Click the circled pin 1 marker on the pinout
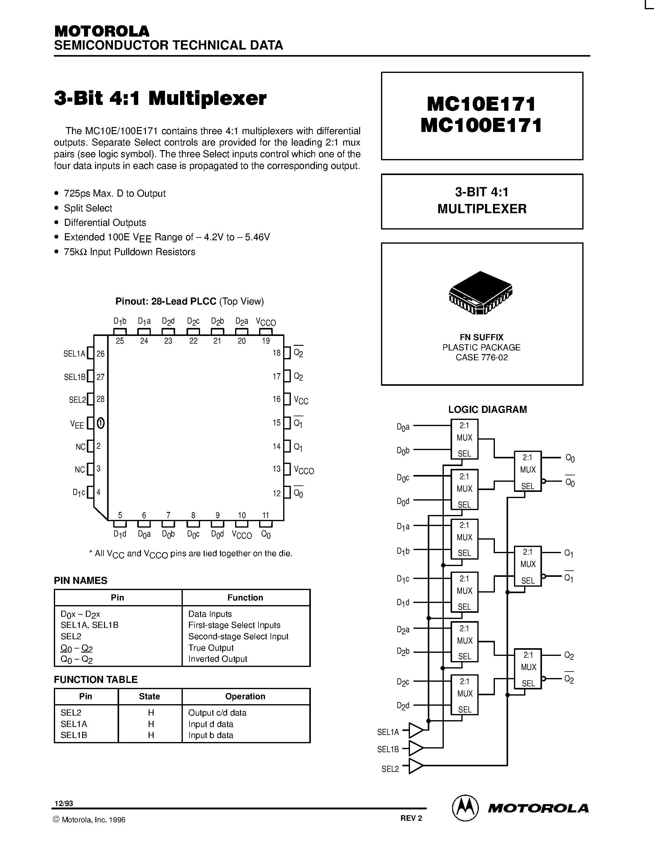(x=100, y=423)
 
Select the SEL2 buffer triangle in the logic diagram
(x=416, y=766)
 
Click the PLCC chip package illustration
(x=480, y=293)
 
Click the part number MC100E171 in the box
(x=481, y=126)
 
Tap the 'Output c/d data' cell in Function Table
(x=217, y=713)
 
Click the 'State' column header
(x=149, y=696)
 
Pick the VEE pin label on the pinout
(x=77, y=424)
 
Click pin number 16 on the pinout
(x=276, y=399)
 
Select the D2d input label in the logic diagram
(x=403, y=705)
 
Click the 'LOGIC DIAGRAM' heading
(x=487, y=409)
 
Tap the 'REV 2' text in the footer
(x=411, y=818)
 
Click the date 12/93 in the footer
(x=63, y=803)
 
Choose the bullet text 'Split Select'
(x=88, y=208)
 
